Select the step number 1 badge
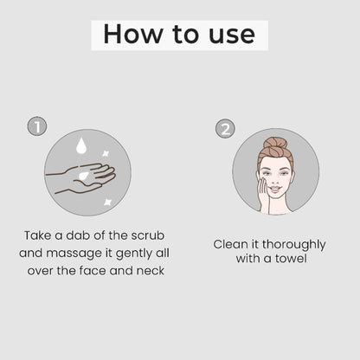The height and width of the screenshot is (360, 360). coord(37,126)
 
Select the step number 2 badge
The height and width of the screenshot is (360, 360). coord(225,129)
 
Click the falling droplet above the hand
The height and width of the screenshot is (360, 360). coord(81,145)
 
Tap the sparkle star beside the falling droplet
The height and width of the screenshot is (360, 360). coord(106,153)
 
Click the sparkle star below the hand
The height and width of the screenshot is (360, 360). coord(108,202)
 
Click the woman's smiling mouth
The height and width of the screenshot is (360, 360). coord(275,189)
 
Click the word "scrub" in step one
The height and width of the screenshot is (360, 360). coord(148,235)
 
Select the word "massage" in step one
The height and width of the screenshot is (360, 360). coord(74,254)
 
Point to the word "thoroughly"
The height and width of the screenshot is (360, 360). coord(294,245)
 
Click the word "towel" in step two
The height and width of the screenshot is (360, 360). coord(291,258)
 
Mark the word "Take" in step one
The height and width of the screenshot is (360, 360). coord(38,235)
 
